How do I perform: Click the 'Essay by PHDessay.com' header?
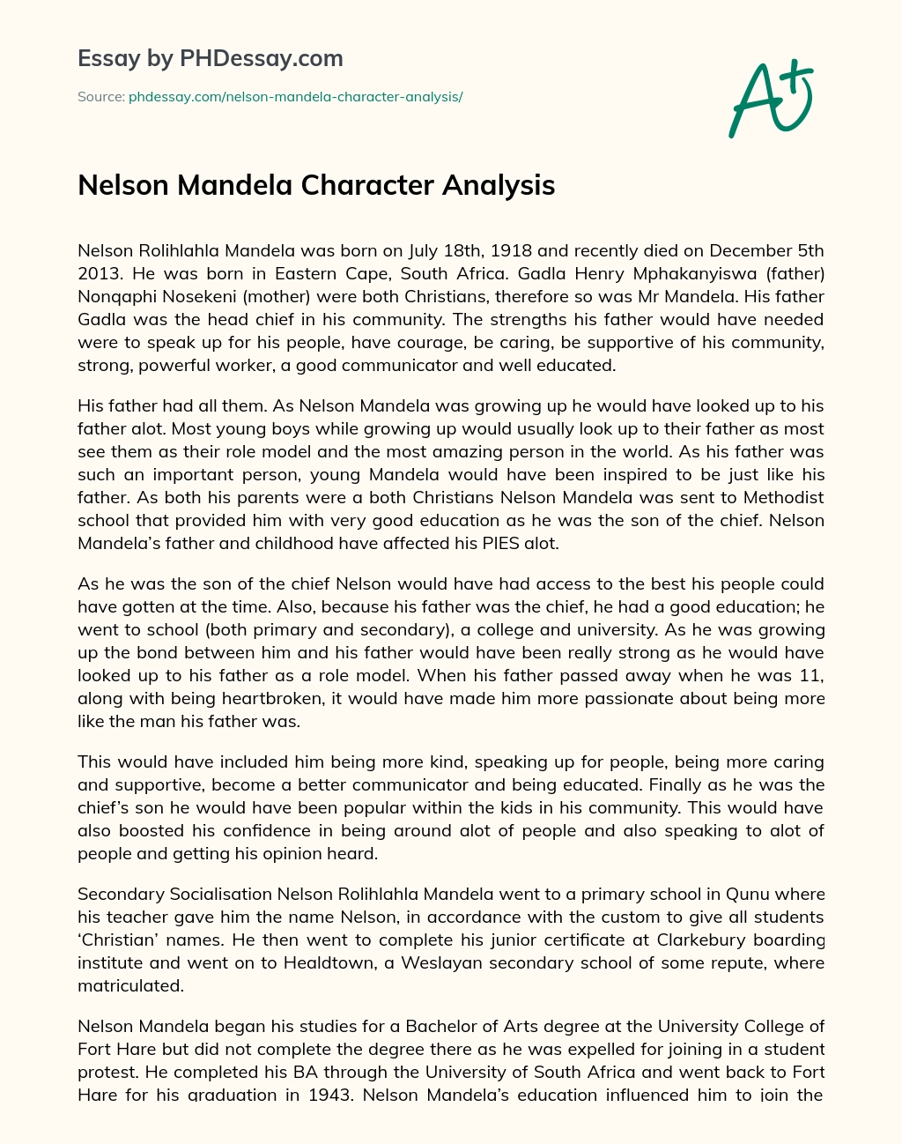(x=210, y=59)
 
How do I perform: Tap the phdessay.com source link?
(x=295, y=97)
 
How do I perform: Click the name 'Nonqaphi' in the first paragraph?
(x=112, y=296)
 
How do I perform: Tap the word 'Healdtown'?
(x=329, y=962)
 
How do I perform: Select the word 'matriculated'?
(x=130, y=985)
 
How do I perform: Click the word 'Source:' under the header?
(x=100, y=97)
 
